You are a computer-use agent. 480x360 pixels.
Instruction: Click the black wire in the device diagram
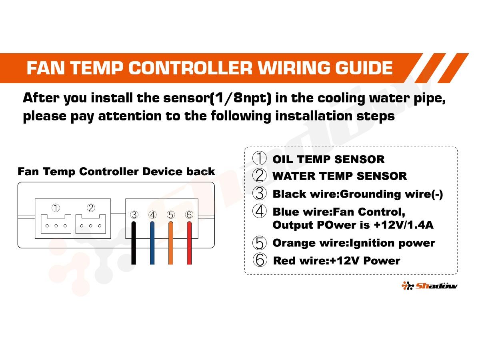coord(133,243)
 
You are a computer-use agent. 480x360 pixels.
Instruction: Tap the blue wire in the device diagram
coord(152,243)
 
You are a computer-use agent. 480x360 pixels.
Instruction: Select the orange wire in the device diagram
coord(170,243)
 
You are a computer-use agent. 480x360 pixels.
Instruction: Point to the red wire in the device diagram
coord(189,243)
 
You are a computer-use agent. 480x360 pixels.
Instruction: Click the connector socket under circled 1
coord(56,224)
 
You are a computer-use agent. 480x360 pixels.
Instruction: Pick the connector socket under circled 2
coord(90,224)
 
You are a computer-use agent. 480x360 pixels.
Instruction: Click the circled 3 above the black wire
coord(134,215)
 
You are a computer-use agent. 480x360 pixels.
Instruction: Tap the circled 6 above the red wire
coord(189,215)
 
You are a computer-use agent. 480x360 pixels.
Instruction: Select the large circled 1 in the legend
coord(259,158)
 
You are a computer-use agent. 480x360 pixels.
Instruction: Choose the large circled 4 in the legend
coord(259,211)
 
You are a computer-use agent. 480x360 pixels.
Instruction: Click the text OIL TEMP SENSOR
coord(328,159)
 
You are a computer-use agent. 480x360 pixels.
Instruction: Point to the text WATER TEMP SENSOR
coord(340,176)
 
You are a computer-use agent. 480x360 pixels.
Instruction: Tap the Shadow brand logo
coord(429,286)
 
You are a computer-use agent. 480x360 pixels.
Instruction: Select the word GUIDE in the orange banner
coord(364,68)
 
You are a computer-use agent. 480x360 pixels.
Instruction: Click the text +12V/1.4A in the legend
coord(404,225)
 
